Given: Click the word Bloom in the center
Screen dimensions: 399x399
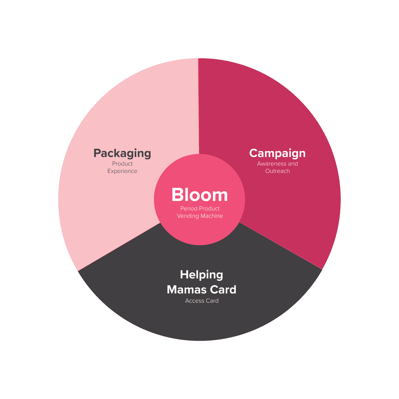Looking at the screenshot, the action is pyautogui.click(x=200, y=195).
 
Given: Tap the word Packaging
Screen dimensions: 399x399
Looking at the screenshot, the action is pyautogui.click(x=122, y=153).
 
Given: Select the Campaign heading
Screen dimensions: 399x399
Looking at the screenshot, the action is pyautogui.click(x=277, y=153).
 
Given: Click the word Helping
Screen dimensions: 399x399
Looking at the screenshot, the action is pyautogui.click(x=201, y=274).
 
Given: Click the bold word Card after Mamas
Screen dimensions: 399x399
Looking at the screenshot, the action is pyautogui.click(x=223, y=290).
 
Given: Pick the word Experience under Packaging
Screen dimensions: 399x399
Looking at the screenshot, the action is pyautogui.click(x=122, y=171).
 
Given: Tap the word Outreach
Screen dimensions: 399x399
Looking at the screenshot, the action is pyautogui.click(x=277, y=171).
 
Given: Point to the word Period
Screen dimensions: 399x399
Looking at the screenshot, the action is pyautogui.click(x=188, y=209).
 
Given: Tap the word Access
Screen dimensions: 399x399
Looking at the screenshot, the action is pyautogui.click(x=194, y=301).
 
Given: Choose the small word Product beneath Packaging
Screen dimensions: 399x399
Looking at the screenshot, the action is pyautogui.click(x=122, y=164).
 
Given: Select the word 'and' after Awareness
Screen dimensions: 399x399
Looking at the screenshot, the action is pyautogui.click(x=293, y=164).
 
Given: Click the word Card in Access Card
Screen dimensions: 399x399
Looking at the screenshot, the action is pyautogui.click(x=212, y=301).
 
